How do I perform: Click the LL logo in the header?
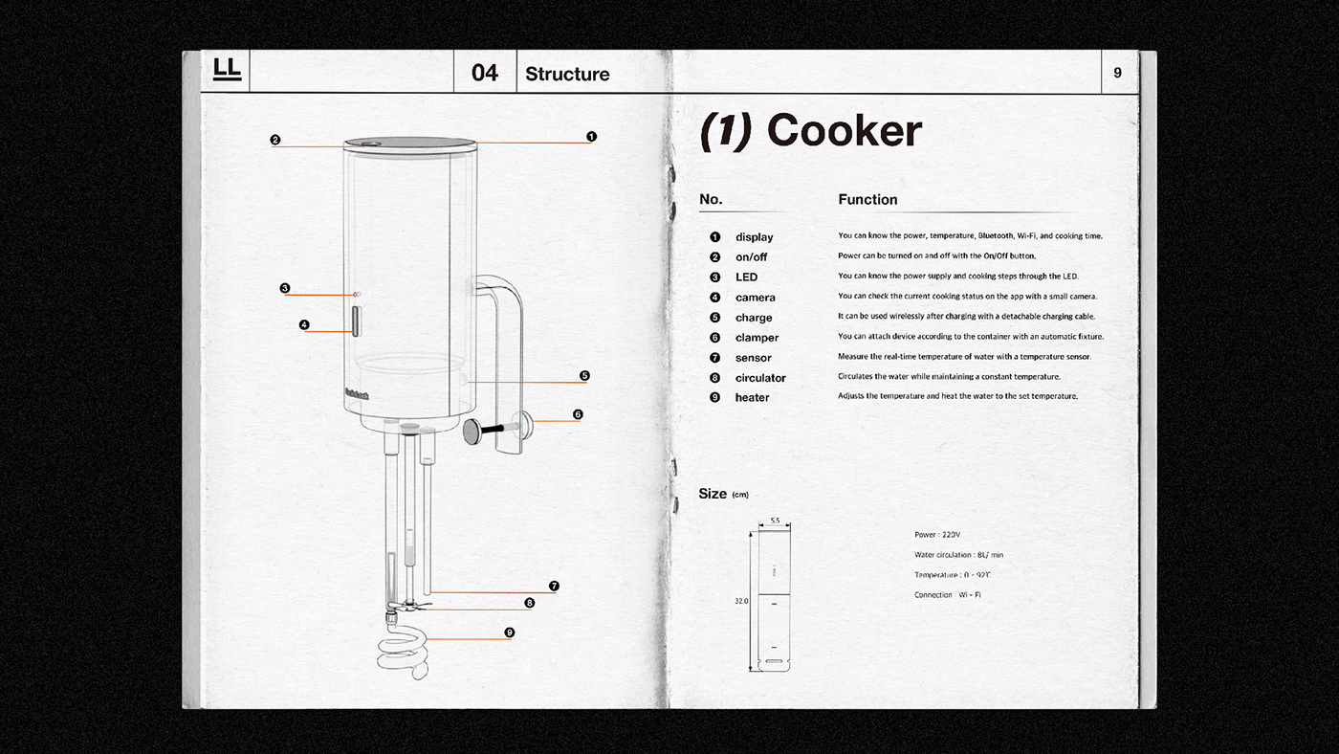(x=228, y=70)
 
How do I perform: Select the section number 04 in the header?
(x=485, y=73)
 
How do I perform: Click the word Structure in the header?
(x=567, y=74)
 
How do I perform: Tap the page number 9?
(x=1117, y=73)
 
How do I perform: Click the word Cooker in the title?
(x=844, y=131)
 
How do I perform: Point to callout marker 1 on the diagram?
(x=591, y=137)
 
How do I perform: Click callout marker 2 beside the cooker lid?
(x=275, y=140)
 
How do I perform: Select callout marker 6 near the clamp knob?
(x=578, y=414)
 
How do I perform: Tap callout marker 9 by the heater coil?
(x=509, y=632)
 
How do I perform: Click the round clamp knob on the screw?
(x=473, y=432)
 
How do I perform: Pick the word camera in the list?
(x=755, y=298)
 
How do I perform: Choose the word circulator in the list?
(x=760, y=378)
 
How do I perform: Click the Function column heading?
(x=867, y=200)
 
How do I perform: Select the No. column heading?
(x=711, y=200)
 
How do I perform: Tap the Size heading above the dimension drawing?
(x=713, y=494)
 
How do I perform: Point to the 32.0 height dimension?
(x=740, y=601)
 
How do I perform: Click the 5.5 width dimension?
(x=775, y=521)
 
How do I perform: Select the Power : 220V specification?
(x=936, y=535)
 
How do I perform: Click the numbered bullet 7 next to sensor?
(x=714, y=358)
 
